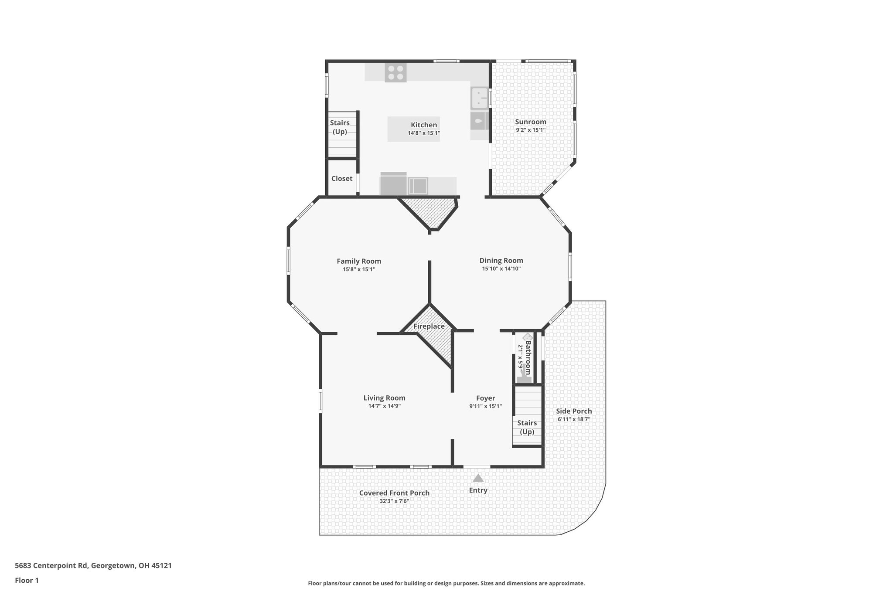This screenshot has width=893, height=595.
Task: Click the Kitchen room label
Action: pyautogui.click(x=423, y=125)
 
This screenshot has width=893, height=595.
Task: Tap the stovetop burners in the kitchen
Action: pyautogui.click(x=395, y=73)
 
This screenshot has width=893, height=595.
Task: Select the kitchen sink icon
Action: pyautogui.click(x=479, y=98)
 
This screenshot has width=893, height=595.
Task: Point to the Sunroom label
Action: pyautogui.click(x=530, y=122)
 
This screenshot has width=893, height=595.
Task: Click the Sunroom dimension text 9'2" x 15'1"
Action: pyautogui.click(x=530, y=130)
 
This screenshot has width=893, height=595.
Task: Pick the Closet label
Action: pyautogui.click(x=341, y=179)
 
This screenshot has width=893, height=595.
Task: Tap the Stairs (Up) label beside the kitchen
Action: pyautogui.click(x=340, y=127)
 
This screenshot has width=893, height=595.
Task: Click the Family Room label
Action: pyautogui.click(x=358, y=262)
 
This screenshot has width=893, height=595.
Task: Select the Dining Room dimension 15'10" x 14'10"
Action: pyautogui.click(x=501, y=269)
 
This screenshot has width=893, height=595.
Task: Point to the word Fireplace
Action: pyautogui.click(x=429, y=326)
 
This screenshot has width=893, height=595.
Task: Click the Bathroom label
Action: pyautogui.click(x=528, y=357)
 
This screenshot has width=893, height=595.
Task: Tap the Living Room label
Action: pyautogui.click(x=384, y=398)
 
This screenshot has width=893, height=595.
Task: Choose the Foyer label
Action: pyautogui.click(x=485, y=398)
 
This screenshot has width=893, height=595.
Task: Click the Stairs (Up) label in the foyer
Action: pyautogui.click(x=527, y=427)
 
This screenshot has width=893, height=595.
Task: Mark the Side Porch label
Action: pyautogui.click(x=574, y=411)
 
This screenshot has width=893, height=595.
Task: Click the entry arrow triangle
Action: pyautogui.click(x=478, y=478)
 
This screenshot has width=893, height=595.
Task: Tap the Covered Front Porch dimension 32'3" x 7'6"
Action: pyautogui.click(x=394, y=501)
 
